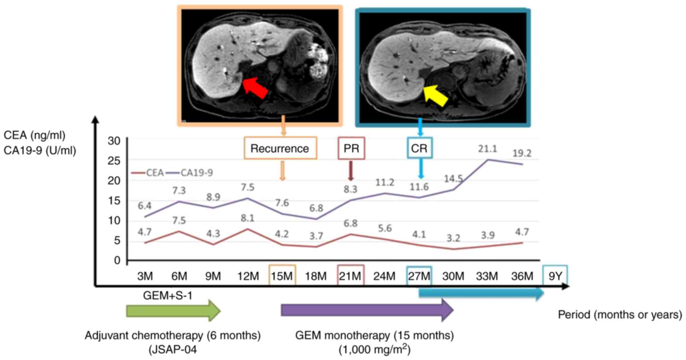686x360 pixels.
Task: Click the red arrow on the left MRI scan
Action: point(255,88)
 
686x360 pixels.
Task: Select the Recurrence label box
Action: point(280,148)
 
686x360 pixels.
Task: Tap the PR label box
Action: point(351,148)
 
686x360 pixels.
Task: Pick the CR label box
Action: point(419,148)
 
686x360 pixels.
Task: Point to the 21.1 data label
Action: point(487,149)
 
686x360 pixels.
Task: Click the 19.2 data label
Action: point(522,153)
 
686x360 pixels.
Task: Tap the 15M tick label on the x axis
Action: point(282,276)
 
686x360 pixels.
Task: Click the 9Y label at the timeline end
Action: point(555,276)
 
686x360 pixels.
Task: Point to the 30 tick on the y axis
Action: point(114,141)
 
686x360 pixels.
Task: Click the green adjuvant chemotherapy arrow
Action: point(173,310)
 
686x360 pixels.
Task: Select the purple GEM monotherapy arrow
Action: point(366,310)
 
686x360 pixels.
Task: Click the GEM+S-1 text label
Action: point(167,296)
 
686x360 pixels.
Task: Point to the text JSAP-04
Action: point(173,350)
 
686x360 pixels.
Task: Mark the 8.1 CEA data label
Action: point(247,218)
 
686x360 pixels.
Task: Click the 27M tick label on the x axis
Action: point(419,276)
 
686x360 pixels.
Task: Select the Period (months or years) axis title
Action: point(620,315)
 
